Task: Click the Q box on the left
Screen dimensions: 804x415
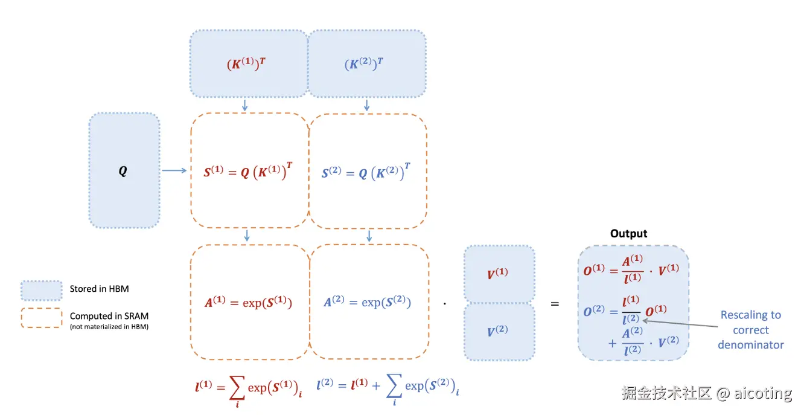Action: click(124, 171)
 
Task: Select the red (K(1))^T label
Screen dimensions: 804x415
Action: click(246, 64)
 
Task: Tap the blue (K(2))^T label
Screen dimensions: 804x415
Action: click(364, 64)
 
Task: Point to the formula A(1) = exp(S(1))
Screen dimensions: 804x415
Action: click(248, 302)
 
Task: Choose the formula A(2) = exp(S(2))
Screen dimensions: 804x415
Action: click(367, 302)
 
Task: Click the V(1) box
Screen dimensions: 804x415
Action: click(498, 274)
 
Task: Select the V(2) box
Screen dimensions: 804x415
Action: click(498, 331)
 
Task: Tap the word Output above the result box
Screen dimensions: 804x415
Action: click(628, 234)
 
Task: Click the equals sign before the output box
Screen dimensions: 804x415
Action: click(555, 304)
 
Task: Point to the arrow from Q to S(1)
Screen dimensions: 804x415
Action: click(174, 171)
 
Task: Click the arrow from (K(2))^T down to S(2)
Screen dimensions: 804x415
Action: click(366, 105)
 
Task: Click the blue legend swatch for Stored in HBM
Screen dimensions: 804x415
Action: click(41, 290)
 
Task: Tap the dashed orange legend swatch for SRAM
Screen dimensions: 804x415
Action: click(41, 318)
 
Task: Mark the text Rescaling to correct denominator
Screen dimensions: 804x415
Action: click(750, 330)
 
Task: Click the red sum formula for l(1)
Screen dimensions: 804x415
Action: click(248, 387)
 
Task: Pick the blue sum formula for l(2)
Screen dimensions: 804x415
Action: click(388, 387)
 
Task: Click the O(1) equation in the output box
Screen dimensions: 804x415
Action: click(631, 270)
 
